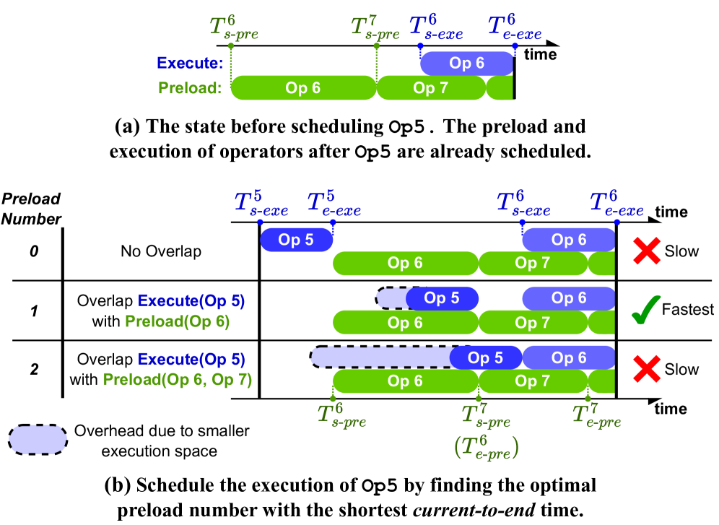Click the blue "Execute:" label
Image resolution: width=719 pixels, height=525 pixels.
click(189, 64)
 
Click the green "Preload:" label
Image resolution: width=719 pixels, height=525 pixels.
click(189, 89)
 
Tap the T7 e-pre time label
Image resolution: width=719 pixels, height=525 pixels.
click(596, 415)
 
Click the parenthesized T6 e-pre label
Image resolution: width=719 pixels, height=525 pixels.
click(486, 448)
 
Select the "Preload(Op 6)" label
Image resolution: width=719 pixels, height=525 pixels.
click(177, 322)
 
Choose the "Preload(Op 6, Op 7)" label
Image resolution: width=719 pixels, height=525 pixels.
click(178, 380)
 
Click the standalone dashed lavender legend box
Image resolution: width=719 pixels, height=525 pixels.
click(38, 439)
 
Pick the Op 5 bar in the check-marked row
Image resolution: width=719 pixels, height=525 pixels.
click(442, 298)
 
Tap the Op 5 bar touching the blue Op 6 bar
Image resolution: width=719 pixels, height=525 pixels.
click(486, 357)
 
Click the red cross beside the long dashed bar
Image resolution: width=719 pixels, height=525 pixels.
click(647, 368)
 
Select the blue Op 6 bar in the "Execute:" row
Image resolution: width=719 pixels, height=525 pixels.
click(466, 64)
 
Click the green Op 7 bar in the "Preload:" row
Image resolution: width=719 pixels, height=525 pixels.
click(431, 88)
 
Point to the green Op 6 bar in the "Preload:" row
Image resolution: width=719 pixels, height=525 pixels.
click(303, 88)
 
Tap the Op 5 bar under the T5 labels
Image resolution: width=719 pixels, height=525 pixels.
click(296, 240)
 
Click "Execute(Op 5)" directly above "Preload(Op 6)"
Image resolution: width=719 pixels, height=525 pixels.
click(186, 301)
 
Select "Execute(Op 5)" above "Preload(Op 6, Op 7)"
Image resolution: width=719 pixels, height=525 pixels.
click(191, 359)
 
